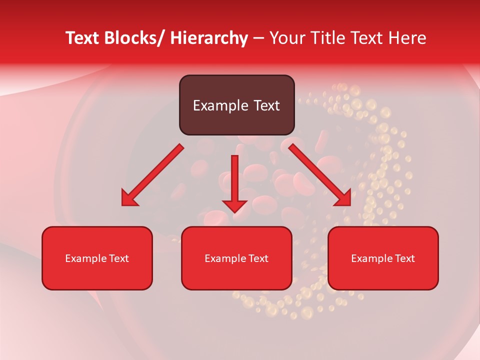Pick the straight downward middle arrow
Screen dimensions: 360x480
click(234, 182)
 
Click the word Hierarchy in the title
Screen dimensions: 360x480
click(209, 38)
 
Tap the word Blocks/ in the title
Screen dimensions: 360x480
click(136, 38)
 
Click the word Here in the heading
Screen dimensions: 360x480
click(407, 38)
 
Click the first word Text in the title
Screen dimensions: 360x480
click(83, 38)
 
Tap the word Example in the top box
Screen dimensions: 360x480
click(220, 105)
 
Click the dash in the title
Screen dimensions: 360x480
click(258, 38)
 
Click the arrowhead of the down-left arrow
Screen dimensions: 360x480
click(129, 198)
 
